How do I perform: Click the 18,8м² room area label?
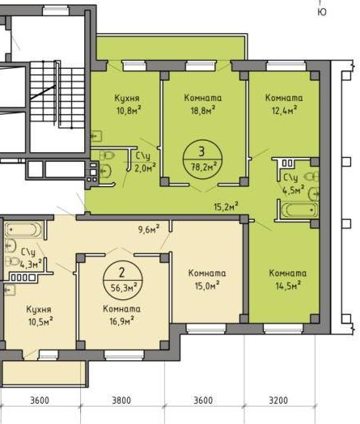point(203,110)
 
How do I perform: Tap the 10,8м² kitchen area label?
point(129,110)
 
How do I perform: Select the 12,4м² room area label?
point(284,110)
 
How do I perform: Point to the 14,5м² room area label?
point(288,286)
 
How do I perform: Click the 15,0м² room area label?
point(207,286)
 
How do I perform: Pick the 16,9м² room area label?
point(121,321)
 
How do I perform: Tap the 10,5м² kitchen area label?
point(40,321)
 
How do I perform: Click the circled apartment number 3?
point(201,151)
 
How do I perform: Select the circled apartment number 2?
point(122,273)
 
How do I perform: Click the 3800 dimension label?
point(121,401)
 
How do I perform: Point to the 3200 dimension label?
point(278,401)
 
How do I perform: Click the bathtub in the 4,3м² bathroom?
point(23,230)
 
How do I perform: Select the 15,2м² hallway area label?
point(227,206)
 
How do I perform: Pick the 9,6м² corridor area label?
point(149,230)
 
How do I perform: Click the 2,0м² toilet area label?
point(146,167)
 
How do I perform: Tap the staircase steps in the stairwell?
point(57,95)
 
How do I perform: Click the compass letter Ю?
point(322,12)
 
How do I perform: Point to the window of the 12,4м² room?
point(286,66)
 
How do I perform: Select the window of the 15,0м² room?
point(206,329)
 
